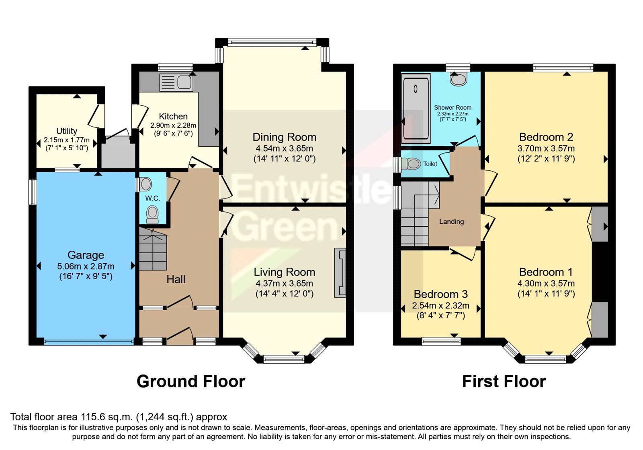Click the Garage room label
coord(86,255)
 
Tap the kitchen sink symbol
coord(177,82)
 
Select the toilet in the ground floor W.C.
coord(152,214)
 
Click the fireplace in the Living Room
coord(340,273)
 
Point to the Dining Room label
coord(284,137)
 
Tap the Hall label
coord(176,279)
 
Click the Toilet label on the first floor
coord(430,164)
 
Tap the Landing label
coord(451,222)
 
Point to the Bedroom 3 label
coord(440,295)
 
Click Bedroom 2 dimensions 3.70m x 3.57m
coord(546,148)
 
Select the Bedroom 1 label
coord(546,272)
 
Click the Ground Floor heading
coord(190,381)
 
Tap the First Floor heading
coord(504,381)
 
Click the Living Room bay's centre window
coord(284,359)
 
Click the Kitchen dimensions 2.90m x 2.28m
coord(173,125)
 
